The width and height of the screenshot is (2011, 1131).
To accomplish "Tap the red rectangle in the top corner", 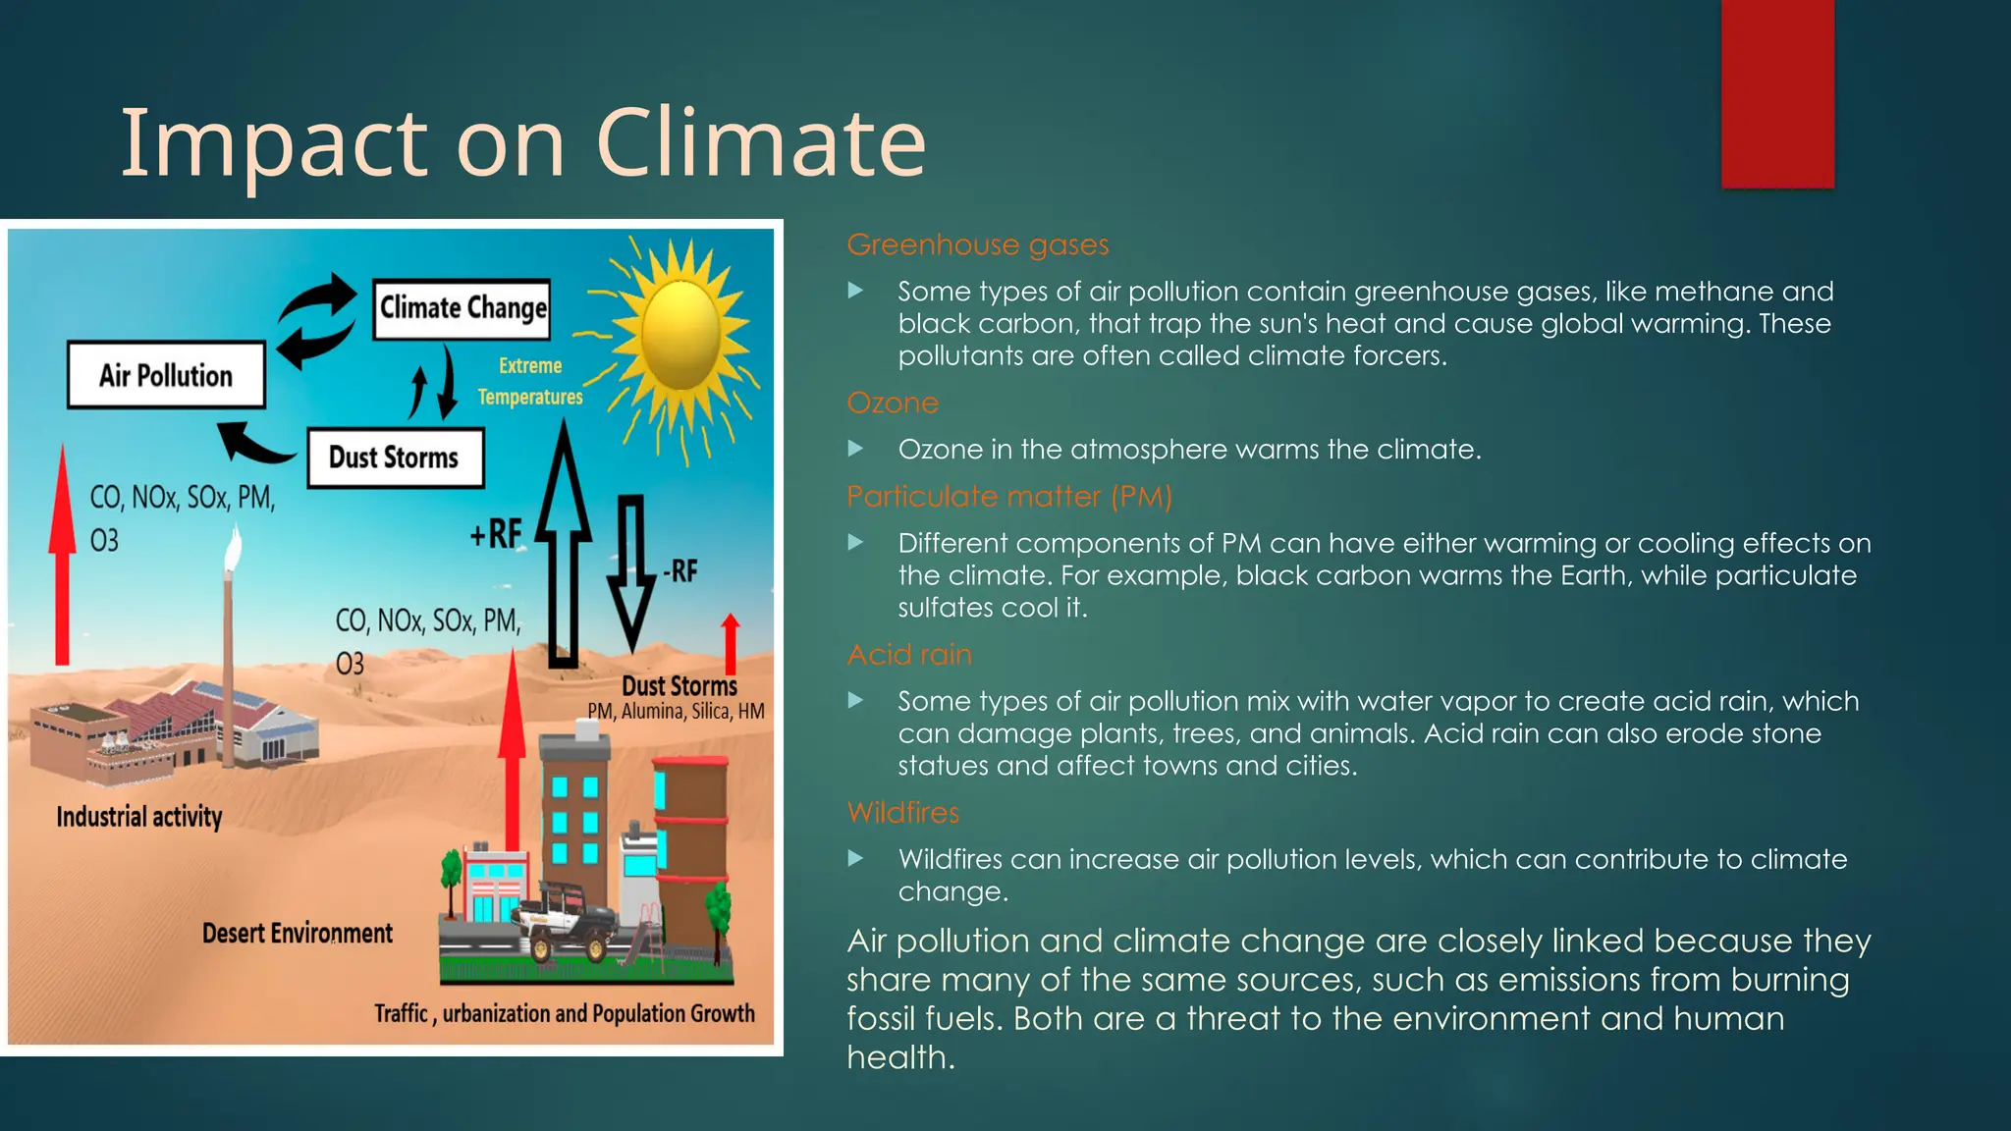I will (x=1777, y=93).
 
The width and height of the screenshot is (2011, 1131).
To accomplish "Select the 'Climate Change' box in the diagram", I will (x=462, y=309).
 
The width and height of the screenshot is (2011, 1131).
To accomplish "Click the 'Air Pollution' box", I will (x=166, y=375).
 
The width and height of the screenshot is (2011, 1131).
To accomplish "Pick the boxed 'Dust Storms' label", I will (x=395, y=458).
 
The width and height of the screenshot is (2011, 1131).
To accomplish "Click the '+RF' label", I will (x=496, y=534).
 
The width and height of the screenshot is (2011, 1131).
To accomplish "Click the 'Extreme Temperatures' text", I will (x=530, y=381).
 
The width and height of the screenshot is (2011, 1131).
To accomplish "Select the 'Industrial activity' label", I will (x=139, y=817).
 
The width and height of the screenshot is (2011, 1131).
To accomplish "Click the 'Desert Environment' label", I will (x=297, y=933).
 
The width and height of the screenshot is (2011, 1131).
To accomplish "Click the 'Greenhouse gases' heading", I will (x=978, y=244).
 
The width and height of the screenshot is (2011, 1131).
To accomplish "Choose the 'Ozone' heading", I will (x=893, y=403).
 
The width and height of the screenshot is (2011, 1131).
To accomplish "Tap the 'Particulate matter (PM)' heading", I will (x=1009, y=497).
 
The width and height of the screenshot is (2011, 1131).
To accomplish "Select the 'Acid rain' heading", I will (x=909, y=655).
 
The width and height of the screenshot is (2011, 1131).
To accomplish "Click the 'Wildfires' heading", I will (x=902, y=813).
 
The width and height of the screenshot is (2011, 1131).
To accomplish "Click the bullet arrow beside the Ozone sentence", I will (x=856, y=449).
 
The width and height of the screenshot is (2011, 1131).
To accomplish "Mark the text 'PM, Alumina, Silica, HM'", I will (x=676, y=712).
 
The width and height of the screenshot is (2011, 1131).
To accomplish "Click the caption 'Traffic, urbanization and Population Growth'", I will (x=565, y=1013).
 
